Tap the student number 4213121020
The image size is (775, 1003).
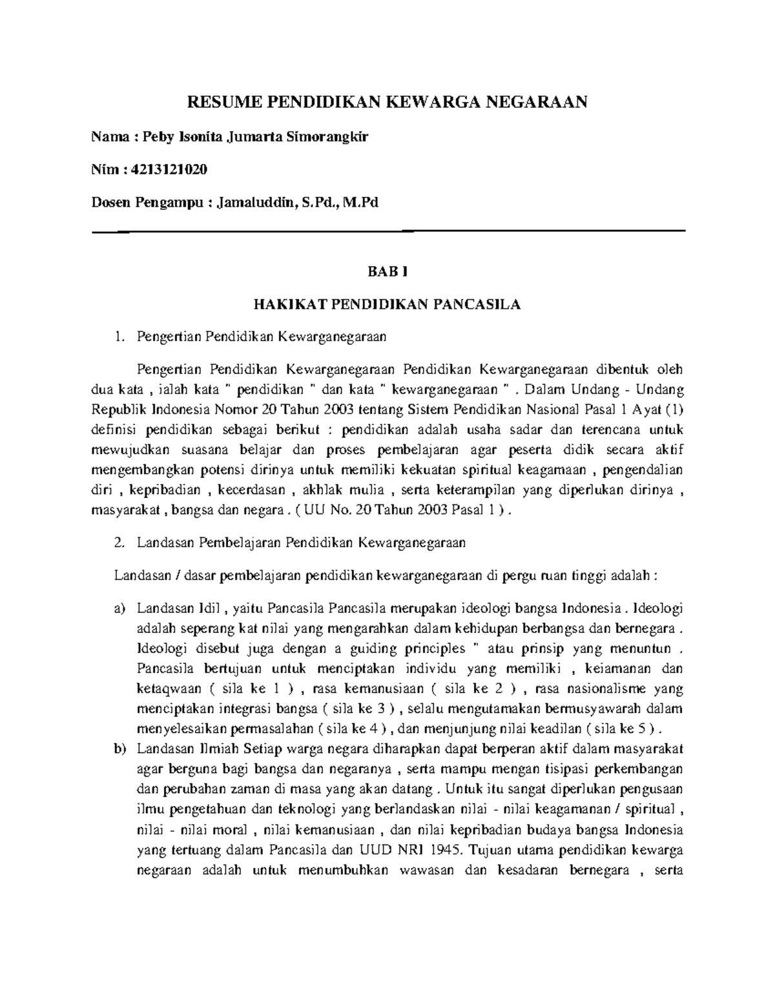169,169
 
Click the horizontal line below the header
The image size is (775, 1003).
387,231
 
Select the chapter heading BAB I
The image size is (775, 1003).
387,272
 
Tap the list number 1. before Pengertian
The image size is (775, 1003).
118,336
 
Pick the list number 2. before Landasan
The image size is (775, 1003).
118,543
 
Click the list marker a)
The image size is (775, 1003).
119,608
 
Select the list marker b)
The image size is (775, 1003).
119,749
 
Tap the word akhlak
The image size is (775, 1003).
325,490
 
